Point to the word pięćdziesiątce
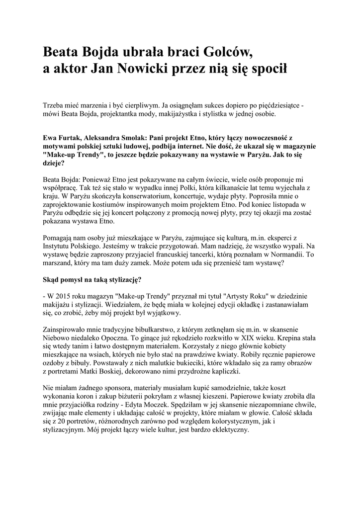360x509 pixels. click(x=275, y=105)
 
